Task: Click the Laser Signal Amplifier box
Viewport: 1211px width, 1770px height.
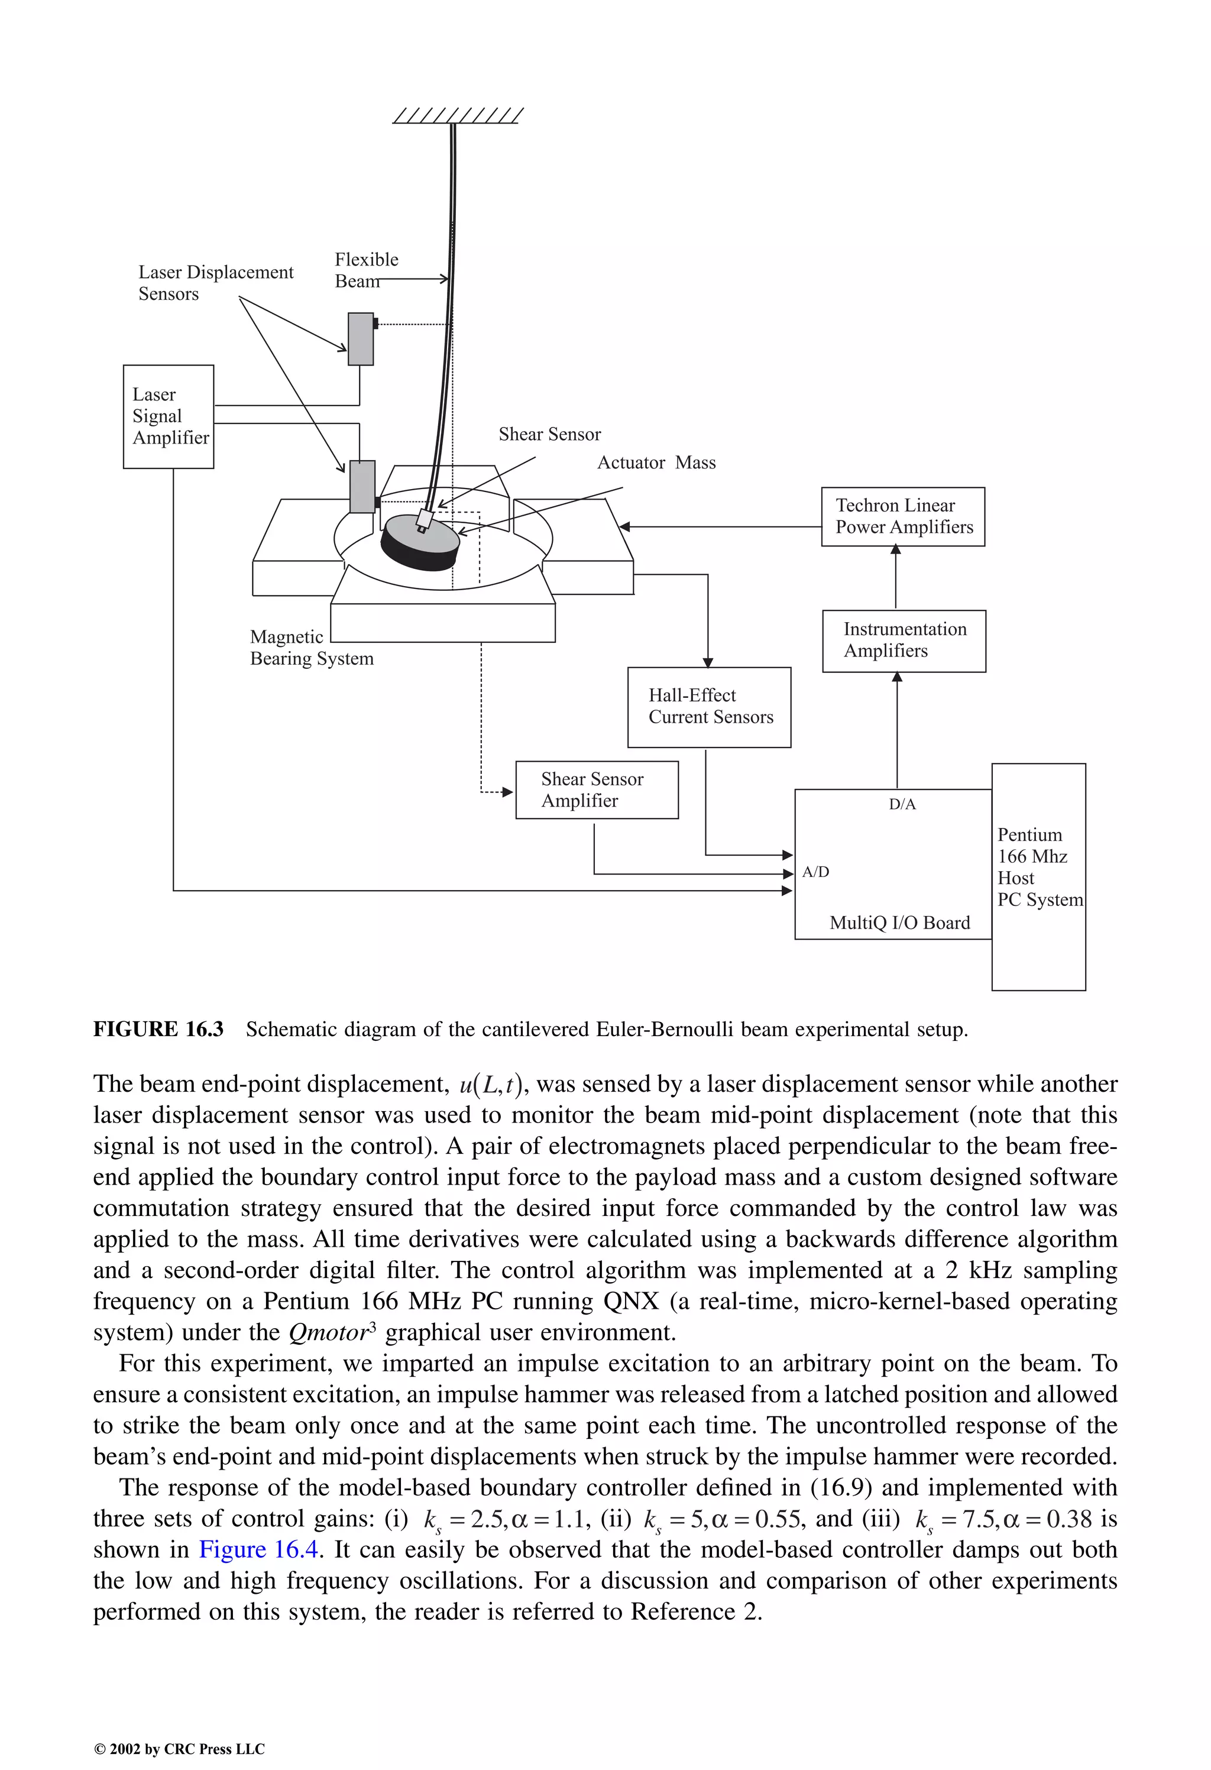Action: point(169,416)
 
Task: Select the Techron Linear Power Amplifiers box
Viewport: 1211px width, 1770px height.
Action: point(902,516)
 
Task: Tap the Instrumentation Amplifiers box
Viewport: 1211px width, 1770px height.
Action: point(904,640)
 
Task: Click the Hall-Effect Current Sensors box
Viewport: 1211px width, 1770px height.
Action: point(709,706)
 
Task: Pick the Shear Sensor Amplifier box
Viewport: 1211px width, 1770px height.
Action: point(597,790)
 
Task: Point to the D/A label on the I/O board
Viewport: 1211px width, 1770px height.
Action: point(902,804)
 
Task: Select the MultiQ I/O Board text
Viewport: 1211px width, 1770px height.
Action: point(899,923)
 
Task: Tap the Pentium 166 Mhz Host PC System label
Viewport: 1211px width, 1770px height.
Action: point(1038,868)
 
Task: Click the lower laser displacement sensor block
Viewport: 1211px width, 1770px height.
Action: point(362,487)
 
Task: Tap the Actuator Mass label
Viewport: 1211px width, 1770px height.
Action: point(656,463)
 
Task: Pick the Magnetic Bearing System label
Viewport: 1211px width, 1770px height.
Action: point(311,648)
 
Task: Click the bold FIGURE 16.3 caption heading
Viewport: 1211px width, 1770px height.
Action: point(158,1030)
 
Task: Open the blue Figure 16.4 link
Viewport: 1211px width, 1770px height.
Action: point(257,1550)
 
